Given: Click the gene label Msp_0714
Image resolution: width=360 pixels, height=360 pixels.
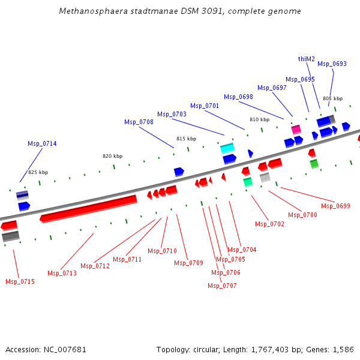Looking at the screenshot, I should [x=42, y=143].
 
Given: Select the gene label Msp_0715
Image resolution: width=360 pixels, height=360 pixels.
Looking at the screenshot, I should [x=20, y=281].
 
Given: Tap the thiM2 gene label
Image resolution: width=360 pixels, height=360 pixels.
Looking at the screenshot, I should [x=307, y=59].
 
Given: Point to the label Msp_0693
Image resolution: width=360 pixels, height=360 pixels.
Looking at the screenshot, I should [x=332, y=64].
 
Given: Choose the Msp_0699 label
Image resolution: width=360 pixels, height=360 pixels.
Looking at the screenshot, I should [x=335, y=206].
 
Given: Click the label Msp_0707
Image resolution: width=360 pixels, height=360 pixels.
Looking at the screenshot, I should [x=222, y=286].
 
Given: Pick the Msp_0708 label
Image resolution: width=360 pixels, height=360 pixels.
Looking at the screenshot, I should [x=139, y=122].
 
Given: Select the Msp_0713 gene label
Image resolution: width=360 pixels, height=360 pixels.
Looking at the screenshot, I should [x=62, y=273].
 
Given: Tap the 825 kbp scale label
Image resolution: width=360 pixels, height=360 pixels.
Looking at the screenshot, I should [x=38, y=172].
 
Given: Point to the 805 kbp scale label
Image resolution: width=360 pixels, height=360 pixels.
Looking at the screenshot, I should [x=332, y=98].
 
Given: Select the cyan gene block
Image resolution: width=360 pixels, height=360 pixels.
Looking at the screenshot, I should [x=227, y=148].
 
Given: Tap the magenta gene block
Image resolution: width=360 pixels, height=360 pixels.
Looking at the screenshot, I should [x=296, y=129].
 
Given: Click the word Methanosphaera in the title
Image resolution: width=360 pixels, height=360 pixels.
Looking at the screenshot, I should [x=88, y=11].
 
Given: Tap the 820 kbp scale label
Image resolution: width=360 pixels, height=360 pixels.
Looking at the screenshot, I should [x=112, y=156].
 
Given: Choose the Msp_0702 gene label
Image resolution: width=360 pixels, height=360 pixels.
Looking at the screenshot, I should [x=269, y=224].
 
